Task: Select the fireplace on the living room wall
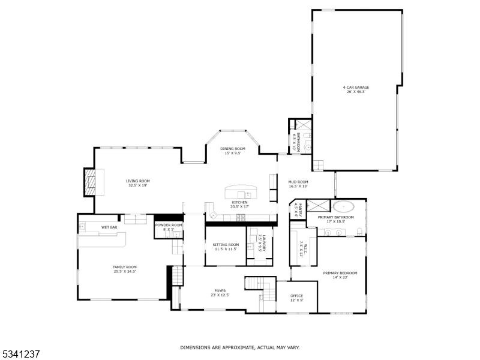pos(89,181)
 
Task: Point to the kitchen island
pos(240,193)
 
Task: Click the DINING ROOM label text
pos(232,148)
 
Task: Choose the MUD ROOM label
pos(298,182)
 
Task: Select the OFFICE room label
pos(296,296)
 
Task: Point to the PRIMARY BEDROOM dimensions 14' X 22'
pos(335,277)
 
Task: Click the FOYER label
pos(220,290)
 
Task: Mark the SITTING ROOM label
pos(226,244)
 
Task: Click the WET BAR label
pos(109,227)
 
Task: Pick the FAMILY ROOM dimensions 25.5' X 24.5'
pos(125,272)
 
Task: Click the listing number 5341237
pos(21,354)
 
